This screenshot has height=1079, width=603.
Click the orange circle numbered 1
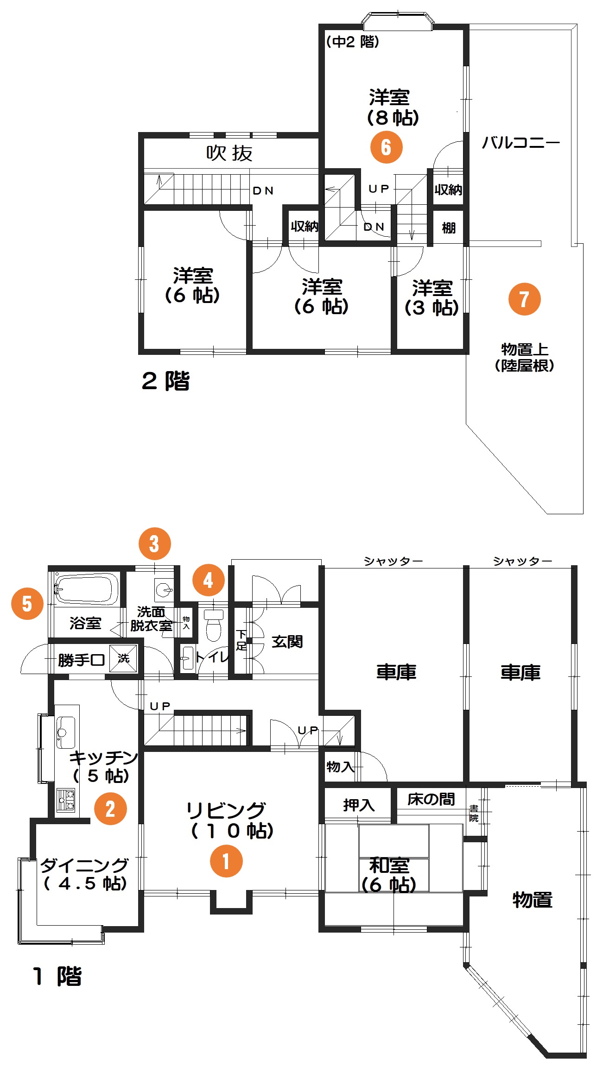226,861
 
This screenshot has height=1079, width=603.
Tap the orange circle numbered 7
524,299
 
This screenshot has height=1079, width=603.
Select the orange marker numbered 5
27,604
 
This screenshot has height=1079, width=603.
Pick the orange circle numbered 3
154,543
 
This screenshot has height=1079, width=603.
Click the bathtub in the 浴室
86,589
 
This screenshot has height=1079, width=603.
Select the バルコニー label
520,142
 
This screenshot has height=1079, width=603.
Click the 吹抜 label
229,153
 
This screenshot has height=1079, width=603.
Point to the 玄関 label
287,642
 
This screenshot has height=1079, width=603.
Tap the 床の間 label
431,799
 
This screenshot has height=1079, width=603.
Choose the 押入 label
359,805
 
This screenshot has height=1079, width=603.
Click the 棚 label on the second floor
449,228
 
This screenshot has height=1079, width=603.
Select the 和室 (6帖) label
389,875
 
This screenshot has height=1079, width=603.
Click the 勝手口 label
82,660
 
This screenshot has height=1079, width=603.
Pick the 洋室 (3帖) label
432,298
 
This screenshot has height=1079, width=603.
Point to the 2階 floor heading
166,381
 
